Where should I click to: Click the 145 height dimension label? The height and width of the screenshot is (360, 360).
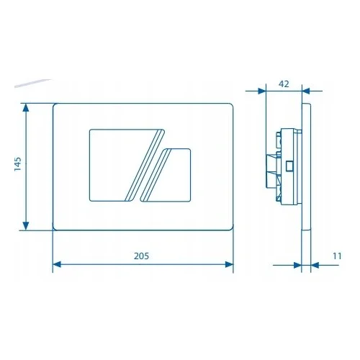18,164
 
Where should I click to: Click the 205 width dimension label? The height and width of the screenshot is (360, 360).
141,256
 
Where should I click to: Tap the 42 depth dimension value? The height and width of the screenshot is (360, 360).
284,84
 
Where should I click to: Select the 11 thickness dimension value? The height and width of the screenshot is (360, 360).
337,256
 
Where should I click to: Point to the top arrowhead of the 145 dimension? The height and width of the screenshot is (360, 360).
26,108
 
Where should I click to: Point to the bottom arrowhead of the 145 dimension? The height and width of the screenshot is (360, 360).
26,226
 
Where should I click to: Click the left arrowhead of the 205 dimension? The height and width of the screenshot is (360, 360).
57,264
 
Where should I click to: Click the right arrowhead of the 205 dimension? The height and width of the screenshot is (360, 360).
229,264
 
